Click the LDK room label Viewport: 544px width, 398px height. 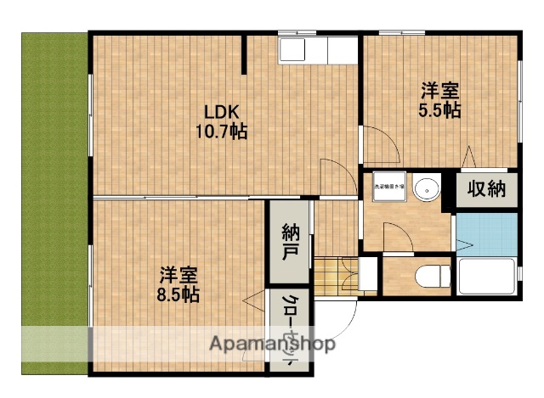click(x=220, y=111)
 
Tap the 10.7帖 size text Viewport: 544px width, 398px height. click(x=220, y=132)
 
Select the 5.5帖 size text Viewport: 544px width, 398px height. click(x=439, y=109)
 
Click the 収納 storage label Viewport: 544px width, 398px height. click(x=486, y=188)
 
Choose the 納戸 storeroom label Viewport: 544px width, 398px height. click(x=289, y=241)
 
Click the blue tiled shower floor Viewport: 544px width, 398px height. click(x=486, y=233)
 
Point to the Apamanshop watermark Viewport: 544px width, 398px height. click(x=272, y=344)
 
